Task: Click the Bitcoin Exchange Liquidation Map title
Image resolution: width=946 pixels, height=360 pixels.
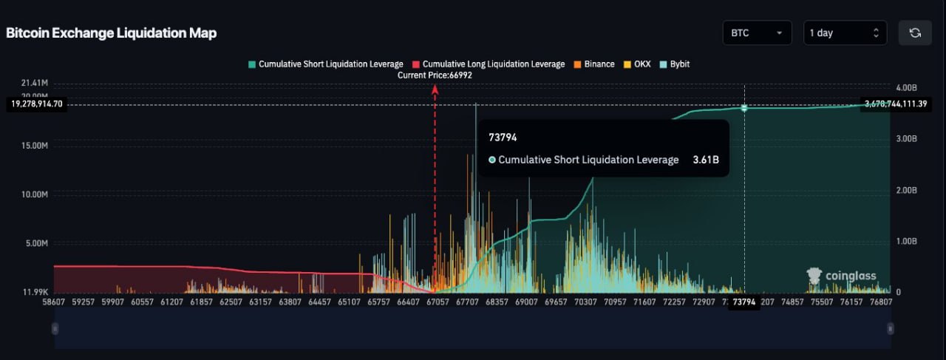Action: pyautogui.click(x=111, y=33)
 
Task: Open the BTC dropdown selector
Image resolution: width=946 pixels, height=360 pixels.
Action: pyautogui.click(x=757, y=33)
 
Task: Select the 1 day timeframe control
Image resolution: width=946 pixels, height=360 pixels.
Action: pyautogui.click(x=844, y=33)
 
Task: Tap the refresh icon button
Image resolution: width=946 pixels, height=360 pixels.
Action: pyautogui.click(x=914, y=33)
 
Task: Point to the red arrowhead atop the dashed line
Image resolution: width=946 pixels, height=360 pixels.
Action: pyautogui.click(x=435, y=89)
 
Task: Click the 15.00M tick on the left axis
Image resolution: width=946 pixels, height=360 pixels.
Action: pyautogui.click(x=34, y=146)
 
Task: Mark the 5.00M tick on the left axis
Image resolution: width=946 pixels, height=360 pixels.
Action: pyautogui.click(x=35, y=243)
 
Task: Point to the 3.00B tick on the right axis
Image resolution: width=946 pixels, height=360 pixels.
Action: pyautogui.click(x=906, y=138)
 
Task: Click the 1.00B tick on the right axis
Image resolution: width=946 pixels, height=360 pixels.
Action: pyautogui.click(x=906, y=241)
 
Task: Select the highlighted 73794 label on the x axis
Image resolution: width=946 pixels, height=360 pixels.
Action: pyautogui.click(x=743, y=302)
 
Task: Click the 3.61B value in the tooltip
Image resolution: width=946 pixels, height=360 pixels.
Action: pyautogui.click(x=705, y=160)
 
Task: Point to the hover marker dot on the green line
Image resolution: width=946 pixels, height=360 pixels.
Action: pyautogui.click(x=744, y=108)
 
